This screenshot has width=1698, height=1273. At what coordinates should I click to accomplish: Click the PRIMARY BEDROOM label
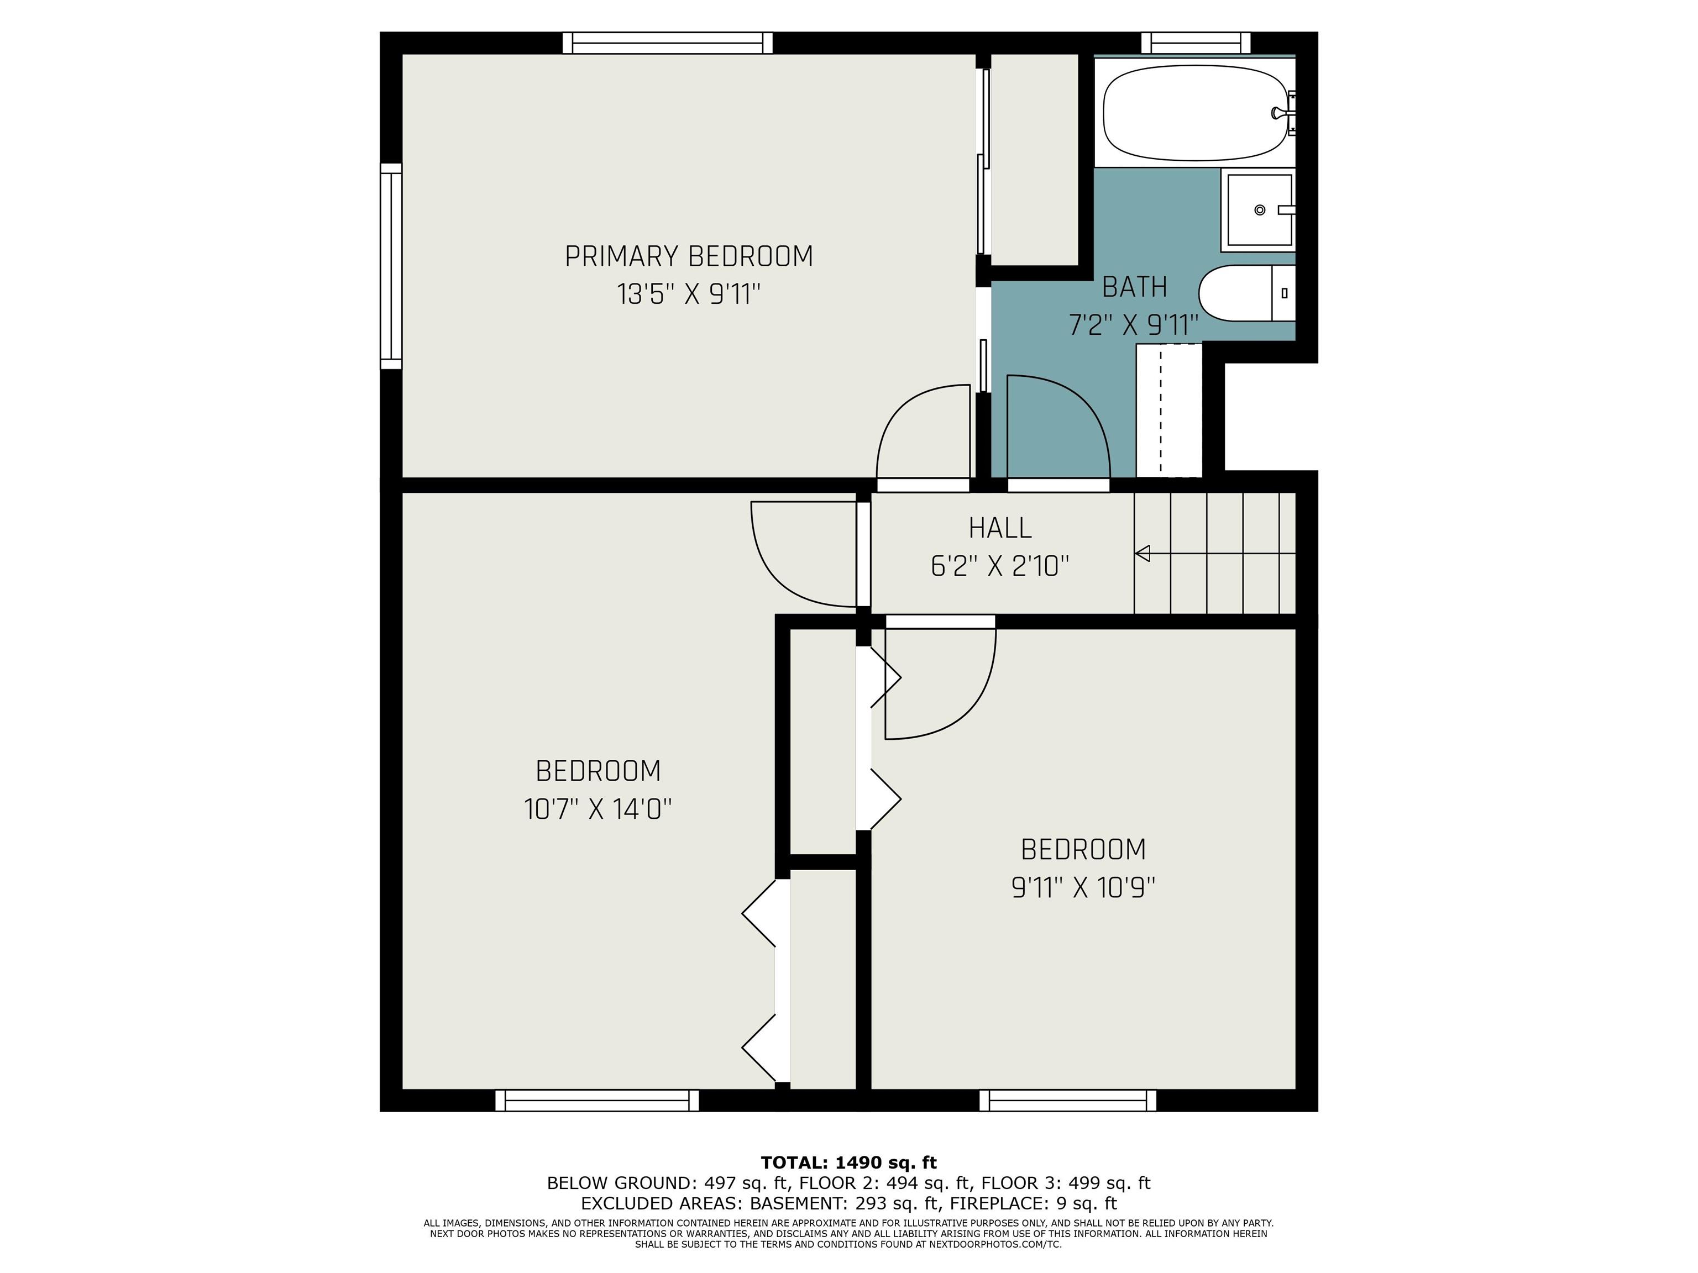(689, 256)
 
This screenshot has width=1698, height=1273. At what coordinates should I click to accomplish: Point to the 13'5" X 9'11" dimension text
(689, 294)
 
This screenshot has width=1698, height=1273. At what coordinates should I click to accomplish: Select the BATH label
(1135, 287)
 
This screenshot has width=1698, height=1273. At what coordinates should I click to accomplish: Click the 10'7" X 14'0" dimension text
(598, 809)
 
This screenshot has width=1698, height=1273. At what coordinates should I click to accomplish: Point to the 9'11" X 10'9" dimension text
(1083, 888)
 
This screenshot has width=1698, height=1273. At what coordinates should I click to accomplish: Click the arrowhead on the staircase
(1143, 553)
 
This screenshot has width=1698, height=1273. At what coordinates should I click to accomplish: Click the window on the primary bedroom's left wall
(391, 266)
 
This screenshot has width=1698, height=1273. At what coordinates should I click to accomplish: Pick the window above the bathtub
(1195, 43)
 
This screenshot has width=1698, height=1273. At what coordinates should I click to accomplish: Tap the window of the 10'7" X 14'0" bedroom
(597, 1101)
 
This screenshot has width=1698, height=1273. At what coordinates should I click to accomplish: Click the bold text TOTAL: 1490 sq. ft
(849, 1162)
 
